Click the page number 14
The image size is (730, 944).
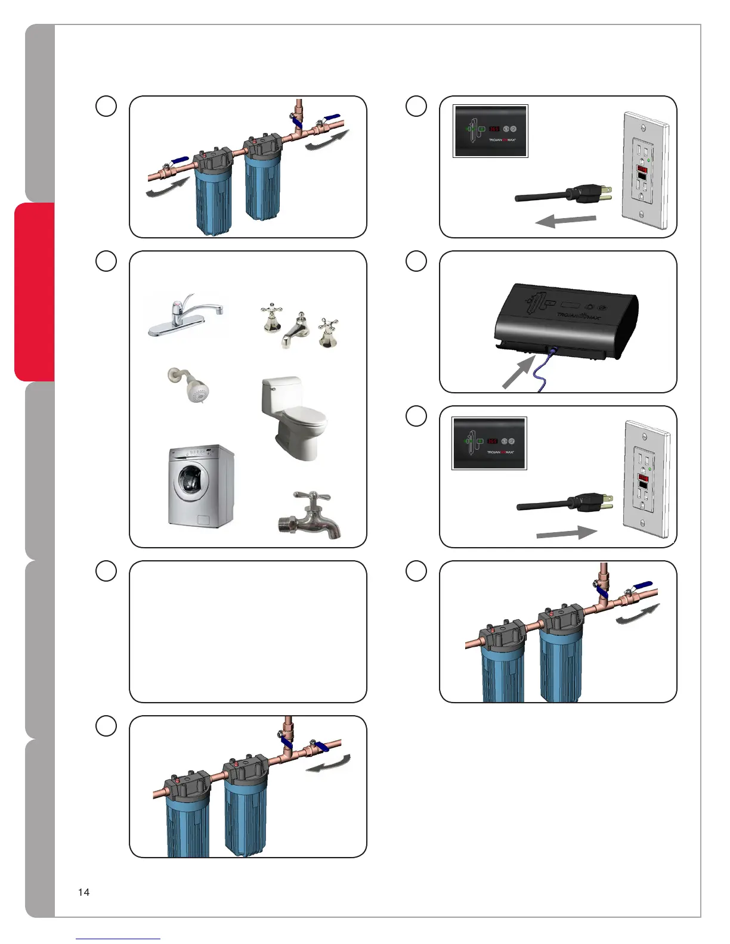[x=83, y=892]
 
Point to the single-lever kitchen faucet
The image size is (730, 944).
[x=185, y=315]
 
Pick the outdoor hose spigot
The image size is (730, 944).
[x=310, y=516]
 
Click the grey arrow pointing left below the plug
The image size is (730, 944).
[x=565, y=221]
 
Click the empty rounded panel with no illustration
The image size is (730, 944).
[x=248, y=631]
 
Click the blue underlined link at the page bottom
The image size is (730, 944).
[x=118, y=939]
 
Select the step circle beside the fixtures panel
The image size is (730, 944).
[x=106, y=261]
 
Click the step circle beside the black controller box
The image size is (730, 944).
[x=416, y=261]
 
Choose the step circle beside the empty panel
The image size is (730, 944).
[x=106, y=571]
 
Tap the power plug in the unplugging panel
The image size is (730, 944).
[x=587, y=194]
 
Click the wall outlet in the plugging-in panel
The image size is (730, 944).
[x=645, y=480]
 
